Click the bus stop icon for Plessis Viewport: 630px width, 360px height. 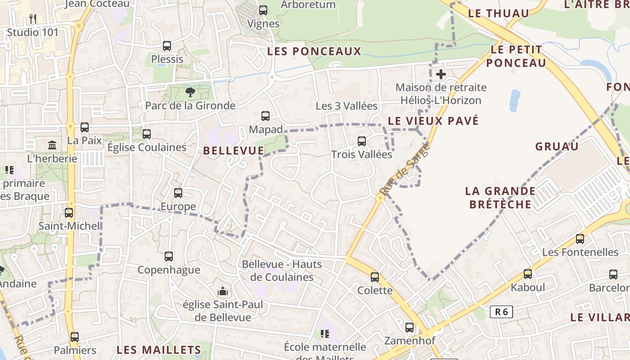pos(167,45)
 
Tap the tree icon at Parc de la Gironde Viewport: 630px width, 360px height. pos(190,92)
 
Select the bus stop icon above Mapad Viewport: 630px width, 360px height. pos(265,116)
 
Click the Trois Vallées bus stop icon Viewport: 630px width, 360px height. pos(362,141)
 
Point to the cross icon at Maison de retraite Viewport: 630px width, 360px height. pos(441,74)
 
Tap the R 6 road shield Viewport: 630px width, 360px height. pos(501,311)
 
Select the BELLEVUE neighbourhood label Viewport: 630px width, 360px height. pos(234,151)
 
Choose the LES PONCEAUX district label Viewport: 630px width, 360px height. pos(314,51)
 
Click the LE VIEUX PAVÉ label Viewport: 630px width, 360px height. pos(433,121)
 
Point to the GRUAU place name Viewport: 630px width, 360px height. pos(557,147)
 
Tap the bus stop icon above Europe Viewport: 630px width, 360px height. pos(178,193)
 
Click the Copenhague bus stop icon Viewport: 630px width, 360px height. pos(169,256)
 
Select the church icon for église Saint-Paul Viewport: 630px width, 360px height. pos(222,292)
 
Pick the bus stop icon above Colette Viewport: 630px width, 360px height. pos(375,277)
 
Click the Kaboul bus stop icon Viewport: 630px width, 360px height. pos(528,274)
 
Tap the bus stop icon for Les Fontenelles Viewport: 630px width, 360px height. pos(580,238)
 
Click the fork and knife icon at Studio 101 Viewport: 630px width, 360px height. pos(32,18)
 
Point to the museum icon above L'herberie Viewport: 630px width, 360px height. pos(52,145)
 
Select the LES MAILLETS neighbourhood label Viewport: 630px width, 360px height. pos(159,350)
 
